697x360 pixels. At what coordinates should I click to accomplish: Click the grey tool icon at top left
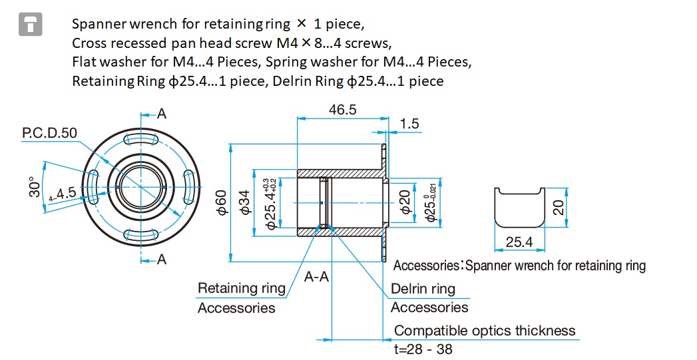click(x=30, y=24)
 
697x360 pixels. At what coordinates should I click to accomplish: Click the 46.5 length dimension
click(x=342, y=110)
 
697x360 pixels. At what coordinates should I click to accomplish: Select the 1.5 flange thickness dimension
click(x=409, y=124)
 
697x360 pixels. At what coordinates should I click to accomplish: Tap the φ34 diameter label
click(x=246, y=203)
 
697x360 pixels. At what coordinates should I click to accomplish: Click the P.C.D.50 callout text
click(x=49, y=133)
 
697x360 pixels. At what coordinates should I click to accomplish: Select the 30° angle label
click(x=34, y=187)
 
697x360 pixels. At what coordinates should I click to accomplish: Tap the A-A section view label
click(x=316, y=277)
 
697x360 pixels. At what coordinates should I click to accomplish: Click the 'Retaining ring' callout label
click(x=242, y=288)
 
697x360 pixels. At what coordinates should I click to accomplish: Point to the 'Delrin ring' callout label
click(x=423, y=289)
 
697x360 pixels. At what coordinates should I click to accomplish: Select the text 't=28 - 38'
click(x=423, y=349)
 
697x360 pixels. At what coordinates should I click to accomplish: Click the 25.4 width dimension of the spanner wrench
click(x=519, y=242)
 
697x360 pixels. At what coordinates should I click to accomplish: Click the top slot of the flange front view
click(x=142, y=140)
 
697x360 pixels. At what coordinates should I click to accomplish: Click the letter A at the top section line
click(x=162, y=114)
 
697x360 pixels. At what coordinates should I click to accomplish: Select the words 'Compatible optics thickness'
click(x=485, y=331)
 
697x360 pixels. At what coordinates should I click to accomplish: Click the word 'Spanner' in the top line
click(x=99, y=24)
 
